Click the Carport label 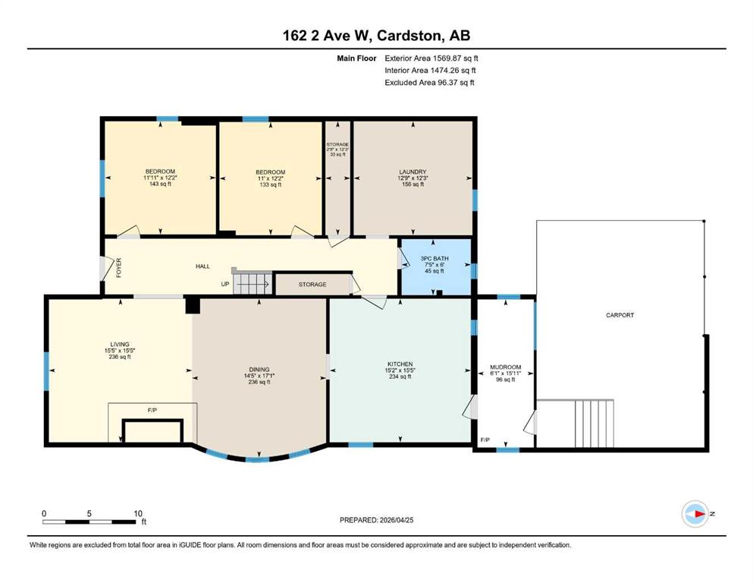click(x=620, y=315)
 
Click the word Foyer click(x=118, y=268)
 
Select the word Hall click(x=202, y=266)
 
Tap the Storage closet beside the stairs click(x=312, y=285)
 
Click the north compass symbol click(x=695, y=514)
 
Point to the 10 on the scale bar click(x=138, y=513)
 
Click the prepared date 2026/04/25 click(x=396, y=520)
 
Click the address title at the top click(x=376, y=36)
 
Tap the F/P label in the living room click(x=152, y=410)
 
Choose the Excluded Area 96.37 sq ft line click(x=429, y=83)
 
